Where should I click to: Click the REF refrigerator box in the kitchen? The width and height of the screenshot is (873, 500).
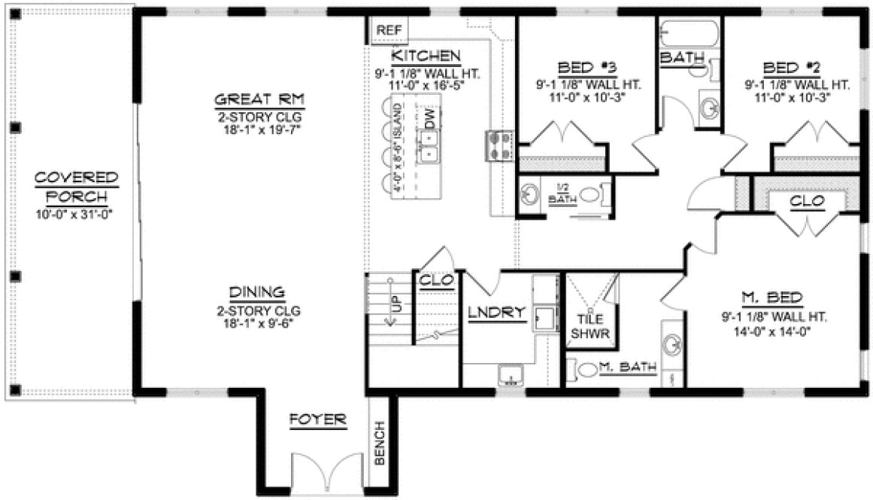click(x=390, y=30)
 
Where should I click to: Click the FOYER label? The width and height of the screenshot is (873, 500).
click(x=319, y=419)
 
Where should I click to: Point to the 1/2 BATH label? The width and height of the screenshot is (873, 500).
click(x=560, y=194)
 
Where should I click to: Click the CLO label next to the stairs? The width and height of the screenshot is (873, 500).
click(x=437, y=279)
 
